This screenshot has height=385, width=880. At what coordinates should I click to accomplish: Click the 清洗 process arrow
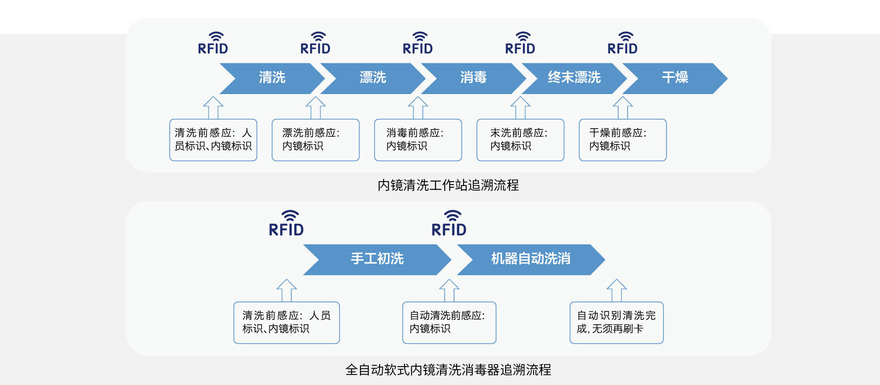[x=272, y=78]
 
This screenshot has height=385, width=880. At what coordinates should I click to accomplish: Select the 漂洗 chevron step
[x=373, y=78]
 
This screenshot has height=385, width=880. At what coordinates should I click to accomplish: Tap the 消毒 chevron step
[x=473, y=78]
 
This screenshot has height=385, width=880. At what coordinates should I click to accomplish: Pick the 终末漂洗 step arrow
[x=574, y=78]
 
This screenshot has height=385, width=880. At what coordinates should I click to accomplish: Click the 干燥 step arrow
[x=675, y=78]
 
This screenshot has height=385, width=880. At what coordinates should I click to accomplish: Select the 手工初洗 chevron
[x=377, y=259]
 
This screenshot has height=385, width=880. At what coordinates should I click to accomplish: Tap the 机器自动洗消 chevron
[x=531, y=259]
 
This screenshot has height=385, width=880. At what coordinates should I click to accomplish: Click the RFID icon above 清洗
[x=213, y=43]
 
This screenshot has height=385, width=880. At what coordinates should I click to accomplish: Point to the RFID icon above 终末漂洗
[x=520, y=43]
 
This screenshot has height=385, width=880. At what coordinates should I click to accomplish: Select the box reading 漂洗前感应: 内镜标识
[x=315, y=140]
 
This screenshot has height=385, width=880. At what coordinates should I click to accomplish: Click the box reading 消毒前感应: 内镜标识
[x=418, y=140]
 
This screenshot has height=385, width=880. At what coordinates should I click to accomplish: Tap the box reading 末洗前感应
[x=520, y=140]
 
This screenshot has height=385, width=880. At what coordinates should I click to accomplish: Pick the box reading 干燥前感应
[x=622, y=140]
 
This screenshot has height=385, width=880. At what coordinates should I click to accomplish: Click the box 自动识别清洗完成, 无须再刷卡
[x=616, y=322]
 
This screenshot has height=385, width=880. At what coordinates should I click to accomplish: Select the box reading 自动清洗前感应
[x=449, y=322]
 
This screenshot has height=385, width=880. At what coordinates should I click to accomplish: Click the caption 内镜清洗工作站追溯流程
[x=448, y=185]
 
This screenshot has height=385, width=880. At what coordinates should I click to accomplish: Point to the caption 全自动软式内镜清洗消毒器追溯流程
[x=448, y=370]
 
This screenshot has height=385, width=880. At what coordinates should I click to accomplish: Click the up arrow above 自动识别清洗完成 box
[x=616, y=290]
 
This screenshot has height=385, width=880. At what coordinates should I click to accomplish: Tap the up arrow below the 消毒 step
[x=418, y=108]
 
